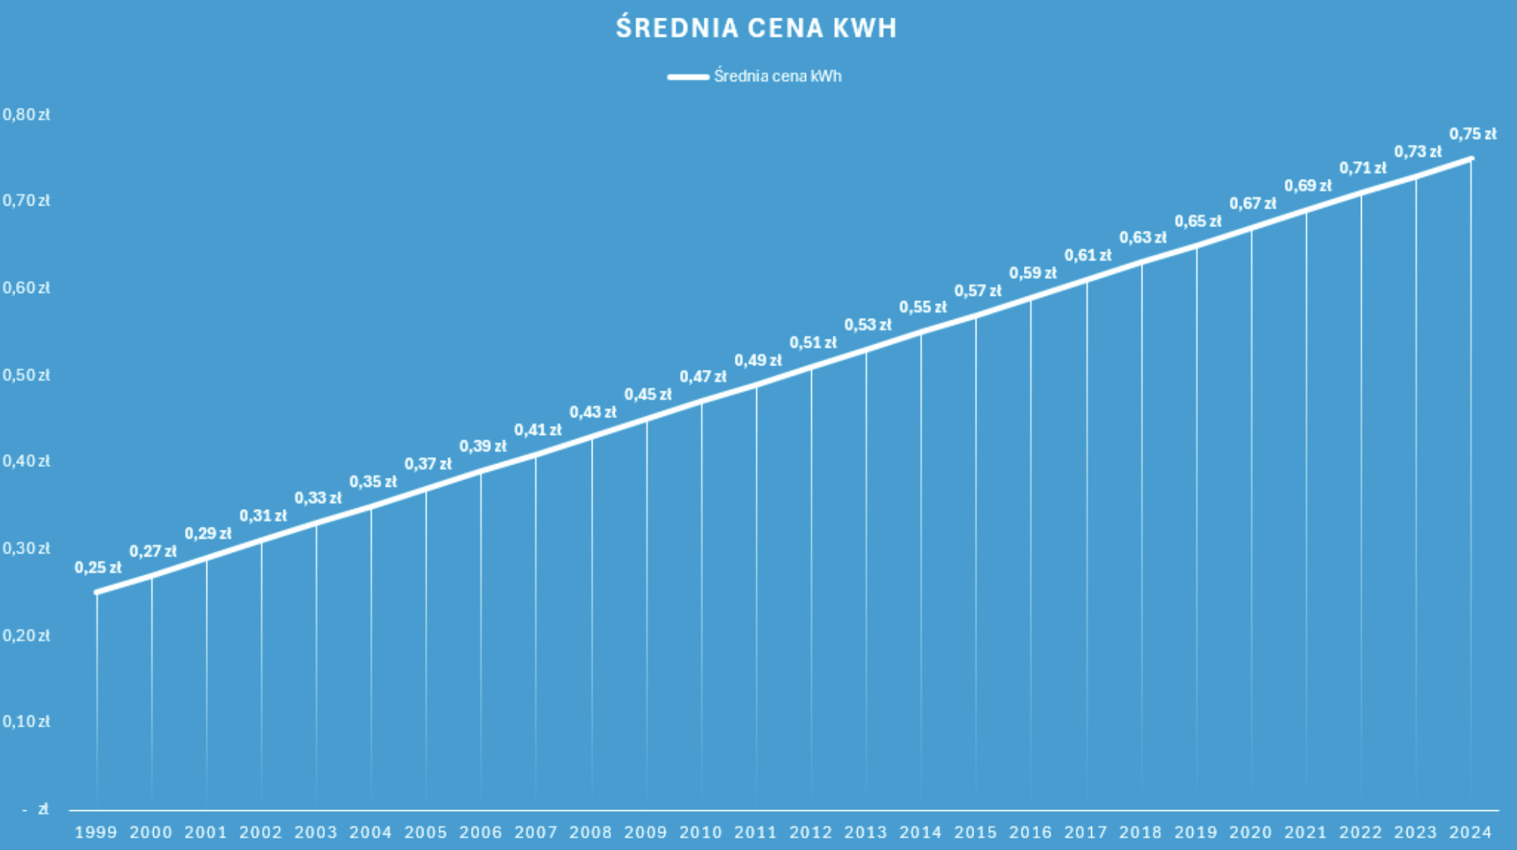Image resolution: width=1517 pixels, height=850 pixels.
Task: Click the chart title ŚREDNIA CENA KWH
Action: pos(756,28)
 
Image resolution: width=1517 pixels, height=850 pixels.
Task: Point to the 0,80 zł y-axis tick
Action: pos(26,115)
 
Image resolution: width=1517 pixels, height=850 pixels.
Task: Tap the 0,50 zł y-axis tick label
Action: pos(26,375)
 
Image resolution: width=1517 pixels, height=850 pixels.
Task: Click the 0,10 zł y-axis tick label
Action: pos(26,722)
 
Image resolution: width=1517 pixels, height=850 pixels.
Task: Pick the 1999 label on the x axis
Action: pos(96,832)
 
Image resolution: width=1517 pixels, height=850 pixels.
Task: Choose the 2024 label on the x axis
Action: pos(1470,832)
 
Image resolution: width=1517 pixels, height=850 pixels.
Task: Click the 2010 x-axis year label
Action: pos(701,832)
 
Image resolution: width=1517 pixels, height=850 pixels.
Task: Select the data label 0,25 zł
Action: pos(98,568)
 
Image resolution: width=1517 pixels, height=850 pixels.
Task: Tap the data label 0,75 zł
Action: pos(1473,134)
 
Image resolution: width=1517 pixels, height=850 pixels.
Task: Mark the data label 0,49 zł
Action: pos(758,360)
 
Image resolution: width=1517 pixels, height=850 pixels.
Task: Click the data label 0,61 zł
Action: pos(1088,255)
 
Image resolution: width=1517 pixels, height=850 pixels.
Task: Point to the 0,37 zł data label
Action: pos(428,464)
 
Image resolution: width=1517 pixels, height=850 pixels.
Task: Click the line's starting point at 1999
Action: pos(96,592)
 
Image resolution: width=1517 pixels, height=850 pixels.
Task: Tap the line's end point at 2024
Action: pos(1470,159)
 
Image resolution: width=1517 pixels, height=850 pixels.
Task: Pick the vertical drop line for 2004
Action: pos(372,657)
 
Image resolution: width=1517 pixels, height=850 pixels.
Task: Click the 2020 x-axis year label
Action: pos(1251,832)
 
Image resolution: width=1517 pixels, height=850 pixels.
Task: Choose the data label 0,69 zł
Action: pos(1307,186)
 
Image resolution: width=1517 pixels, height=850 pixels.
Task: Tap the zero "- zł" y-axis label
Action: pos(36,809)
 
